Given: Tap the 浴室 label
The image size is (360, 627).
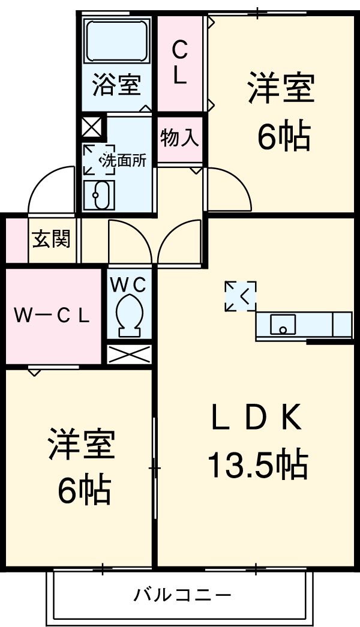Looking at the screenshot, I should tap(116, 85).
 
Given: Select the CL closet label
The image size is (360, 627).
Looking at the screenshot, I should tap(180, 62).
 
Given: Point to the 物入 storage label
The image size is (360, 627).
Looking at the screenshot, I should tap(179, 139).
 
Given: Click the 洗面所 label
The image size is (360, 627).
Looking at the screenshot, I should tap(122, 161).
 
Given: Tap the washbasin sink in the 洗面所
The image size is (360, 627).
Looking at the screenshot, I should tap(98, 194).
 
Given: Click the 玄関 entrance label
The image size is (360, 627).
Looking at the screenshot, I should tap(51, 239).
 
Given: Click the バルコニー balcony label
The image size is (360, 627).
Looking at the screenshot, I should tap(182, 596).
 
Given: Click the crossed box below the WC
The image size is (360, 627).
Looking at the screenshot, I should tap(129, 354).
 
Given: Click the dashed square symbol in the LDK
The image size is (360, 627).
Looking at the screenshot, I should tap(241, 296).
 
